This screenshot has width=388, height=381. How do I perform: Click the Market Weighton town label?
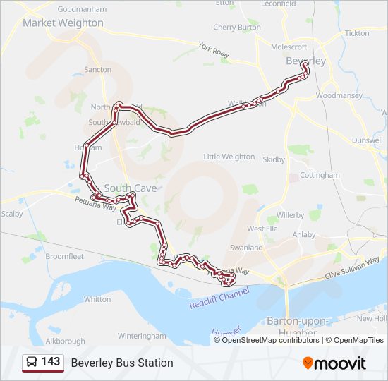[63, 23]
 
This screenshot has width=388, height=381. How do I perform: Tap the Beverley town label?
[306, 61]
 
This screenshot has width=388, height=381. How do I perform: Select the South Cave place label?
[130, 188]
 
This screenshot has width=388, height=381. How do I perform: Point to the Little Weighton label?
[229, 157]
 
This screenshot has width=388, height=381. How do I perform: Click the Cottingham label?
[320, 175]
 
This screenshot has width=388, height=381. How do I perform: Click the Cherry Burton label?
[236, 28]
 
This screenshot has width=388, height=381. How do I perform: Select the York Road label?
[214, 51]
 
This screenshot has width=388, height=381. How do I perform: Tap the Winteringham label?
[142, 335]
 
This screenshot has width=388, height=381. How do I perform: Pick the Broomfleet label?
[65, 256]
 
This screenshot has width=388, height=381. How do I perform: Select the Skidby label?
[274, 160]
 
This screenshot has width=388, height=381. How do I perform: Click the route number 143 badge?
[50, 362]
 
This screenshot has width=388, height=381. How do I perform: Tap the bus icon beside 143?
[32, 363]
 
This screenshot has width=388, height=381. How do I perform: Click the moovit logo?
[334, 363]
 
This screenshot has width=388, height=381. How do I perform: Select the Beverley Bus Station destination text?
[122, 363]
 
